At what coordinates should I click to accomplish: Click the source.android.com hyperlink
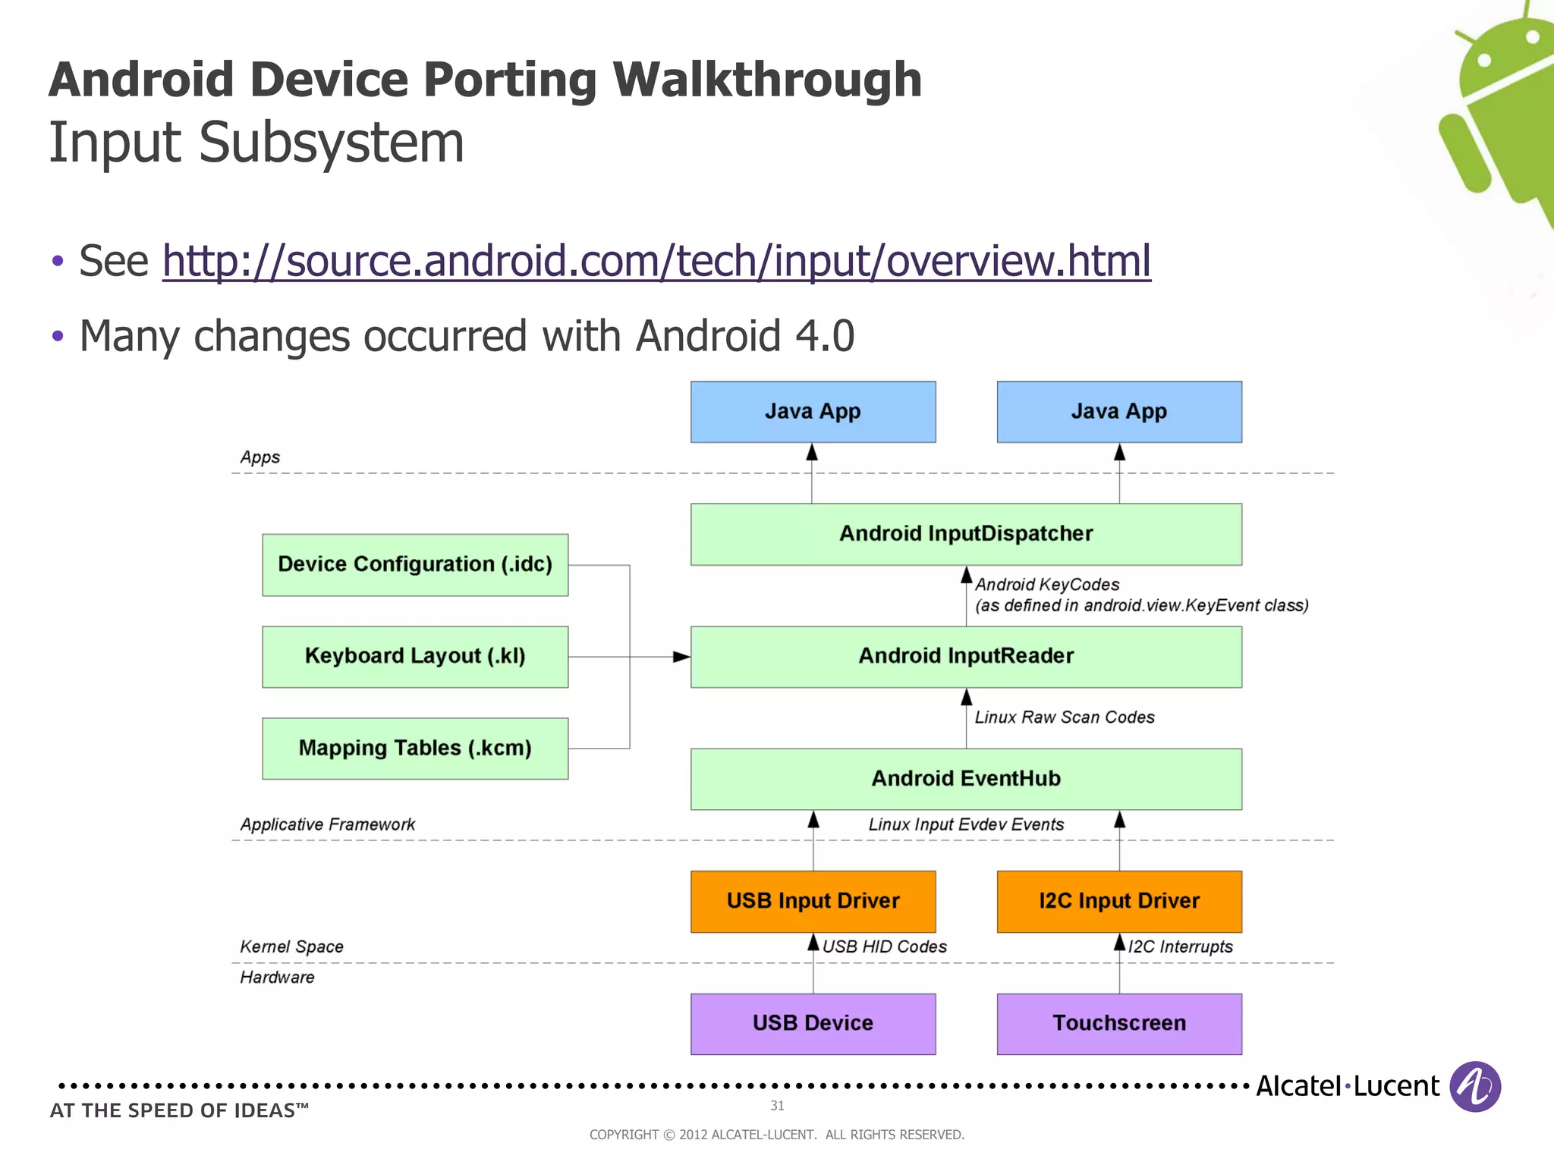(x=656, y=261)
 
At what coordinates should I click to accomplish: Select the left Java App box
(x=813, y=412)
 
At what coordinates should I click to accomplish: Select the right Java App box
(x=1119, y=412)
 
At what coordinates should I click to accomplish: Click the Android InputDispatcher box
(x=966, y=534)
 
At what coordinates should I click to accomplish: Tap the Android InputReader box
(x=966, y=657)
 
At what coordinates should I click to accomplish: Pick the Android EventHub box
(x=966, y=779)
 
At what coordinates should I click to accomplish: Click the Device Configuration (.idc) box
(x=415, y=565)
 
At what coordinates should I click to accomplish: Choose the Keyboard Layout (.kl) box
(x=415, y=657)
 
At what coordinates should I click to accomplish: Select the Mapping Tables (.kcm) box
(x=415, y=749)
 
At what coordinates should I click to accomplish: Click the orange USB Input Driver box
(x=813, y=901)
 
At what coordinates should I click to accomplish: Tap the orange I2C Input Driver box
(x=1119, y=901)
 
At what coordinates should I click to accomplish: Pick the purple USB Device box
(x=813, y=1023)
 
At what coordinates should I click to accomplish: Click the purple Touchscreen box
(x=1119, y=1023)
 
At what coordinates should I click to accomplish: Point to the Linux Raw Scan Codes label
(x=1064, y=718)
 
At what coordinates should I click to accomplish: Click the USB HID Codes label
(x=884, y=947)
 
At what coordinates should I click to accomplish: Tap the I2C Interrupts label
(x=1180, y=947)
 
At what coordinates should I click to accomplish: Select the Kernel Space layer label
(x=291, y=947)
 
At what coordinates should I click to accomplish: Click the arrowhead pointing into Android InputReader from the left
(x=681, y=657)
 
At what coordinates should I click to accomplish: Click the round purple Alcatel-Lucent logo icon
(x=1474, y=1087)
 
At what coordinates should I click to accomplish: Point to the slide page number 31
(x=777, y=1106)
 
